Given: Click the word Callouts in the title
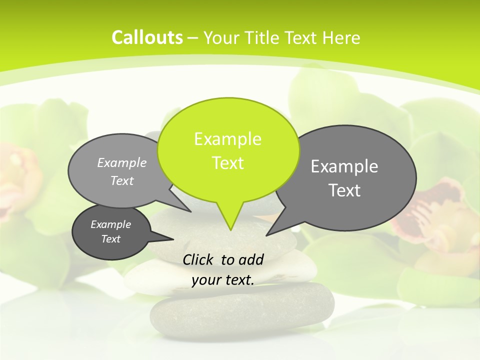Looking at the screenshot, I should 147,37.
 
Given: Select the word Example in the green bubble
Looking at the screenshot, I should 227,139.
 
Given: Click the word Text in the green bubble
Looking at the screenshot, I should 227,163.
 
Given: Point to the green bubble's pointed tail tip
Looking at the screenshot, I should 230,229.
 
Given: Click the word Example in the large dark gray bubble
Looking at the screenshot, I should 344,166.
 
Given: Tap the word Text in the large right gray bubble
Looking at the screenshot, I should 344,190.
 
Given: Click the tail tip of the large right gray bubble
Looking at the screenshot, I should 267,234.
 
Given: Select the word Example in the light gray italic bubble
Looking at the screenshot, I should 121,162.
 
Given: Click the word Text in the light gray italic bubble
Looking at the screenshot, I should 121,180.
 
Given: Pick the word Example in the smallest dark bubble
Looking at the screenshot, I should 110,224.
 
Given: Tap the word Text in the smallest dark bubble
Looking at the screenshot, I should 110,239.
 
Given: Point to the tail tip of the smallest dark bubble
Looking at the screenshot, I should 173,238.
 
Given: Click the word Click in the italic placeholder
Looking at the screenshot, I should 198,259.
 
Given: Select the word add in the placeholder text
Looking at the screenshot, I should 250,259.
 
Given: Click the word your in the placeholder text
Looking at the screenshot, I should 206,280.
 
